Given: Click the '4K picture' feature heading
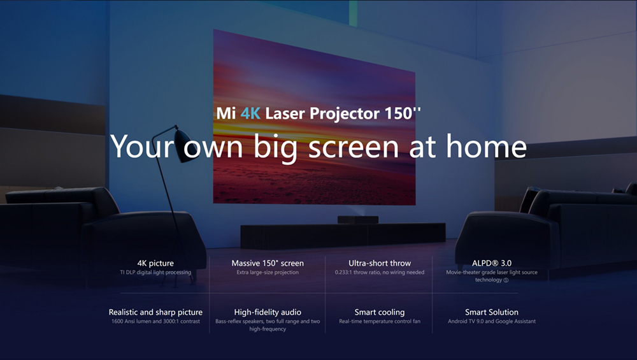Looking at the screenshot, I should [155, 263].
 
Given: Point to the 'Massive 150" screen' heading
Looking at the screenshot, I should [268, 263].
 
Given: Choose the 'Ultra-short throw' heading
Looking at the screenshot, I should [380, 263].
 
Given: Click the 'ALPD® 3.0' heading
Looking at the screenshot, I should [492, 263].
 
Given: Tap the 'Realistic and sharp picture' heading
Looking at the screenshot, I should [155, 312].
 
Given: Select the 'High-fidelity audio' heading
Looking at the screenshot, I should [268, 312].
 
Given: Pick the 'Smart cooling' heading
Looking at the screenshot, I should [380, 312].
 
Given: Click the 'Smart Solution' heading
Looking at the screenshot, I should [492, 312].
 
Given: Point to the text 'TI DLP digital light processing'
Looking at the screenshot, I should [155, 273].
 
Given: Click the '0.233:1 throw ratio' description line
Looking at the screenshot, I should [380, 273].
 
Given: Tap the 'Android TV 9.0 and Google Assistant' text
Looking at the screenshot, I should [492, 322].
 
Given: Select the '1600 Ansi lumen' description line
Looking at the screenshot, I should [155, 322].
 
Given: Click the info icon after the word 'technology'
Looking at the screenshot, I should [506, 280].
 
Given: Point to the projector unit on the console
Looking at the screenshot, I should [354, 220].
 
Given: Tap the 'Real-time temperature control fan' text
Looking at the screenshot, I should [380, 322].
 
